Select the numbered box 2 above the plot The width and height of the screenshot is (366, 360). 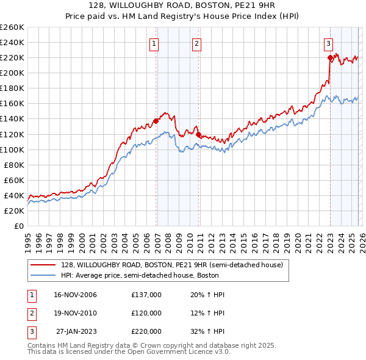point(197,43)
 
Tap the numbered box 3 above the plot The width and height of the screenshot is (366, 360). point(328,43)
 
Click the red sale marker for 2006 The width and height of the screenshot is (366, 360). point(156,121)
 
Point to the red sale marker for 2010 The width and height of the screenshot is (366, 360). point(199,134)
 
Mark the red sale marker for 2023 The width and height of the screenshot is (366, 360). point(330,58)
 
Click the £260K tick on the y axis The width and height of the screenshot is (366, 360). point(12,27)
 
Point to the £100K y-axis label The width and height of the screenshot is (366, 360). point(12,149)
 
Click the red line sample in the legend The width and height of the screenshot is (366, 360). point(43,265)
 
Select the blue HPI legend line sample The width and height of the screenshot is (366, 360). point(43,276)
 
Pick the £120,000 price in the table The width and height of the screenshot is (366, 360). point(146,313)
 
